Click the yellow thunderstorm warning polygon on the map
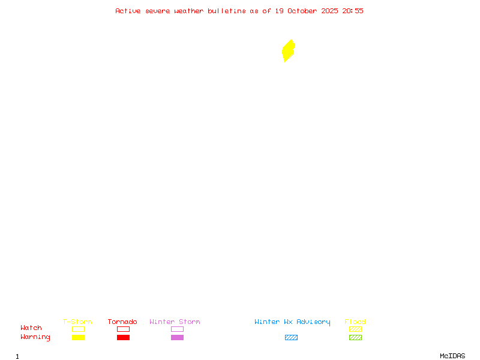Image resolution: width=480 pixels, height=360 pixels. click(289, 50)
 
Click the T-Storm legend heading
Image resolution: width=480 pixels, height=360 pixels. click(77, 322)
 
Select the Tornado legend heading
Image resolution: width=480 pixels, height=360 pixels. click(122, 322)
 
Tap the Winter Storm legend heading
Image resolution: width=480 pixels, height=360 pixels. click(175, 322)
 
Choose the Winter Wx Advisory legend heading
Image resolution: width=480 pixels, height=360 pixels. click(292, 322)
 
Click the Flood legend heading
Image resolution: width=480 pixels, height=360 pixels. click(355, 322)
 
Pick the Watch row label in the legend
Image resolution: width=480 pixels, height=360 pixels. click(31, 328)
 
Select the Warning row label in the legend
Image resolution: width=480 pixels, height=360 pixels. click(35, 337)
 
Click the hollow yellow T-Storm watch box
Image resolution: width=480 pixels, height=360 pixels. click(78, 329)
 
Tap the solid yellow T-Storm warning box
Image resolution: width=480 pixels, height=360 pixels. click(78, 337)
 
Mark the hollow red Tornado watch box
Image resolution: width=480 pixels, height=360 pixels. click(123, 329)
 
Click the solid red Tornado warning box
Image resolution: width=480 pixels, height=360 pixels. click(123, 337)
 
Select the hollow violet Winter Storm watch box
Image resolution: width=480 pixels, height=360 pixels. click(177, 329)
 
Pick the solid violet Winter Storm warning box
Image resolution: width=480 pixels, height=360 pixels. click(177, 337)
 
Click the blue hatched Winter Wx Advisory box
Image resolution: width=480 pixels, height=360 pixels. click(291, 337)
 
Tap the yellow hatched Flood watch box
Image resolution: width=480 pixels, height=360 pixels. click(355, 329)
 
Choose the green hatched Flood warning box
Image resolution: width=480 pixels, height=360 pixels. click(355, 337)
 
